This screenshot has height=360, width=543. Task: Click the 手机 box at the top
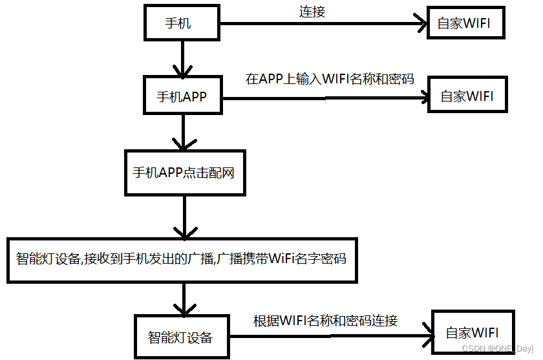182,24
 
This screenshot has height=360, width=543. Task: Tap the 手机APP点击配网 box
185,173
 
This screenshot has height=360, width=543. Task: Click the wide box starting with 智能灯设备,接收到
182,260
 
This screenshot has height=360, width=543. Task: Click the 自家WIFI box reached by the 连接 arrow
463,24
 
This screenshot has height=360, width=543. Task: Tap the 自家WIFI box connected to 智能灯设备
473,334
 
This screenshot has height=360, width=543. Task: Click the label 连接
312,12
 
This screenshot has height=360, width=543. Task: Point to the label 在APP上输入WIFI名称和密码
330,79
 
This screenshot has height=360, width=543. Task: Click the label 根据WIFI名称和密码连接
325,321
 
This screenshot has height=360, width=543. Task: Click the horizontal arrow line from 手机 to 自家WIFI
323,25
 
